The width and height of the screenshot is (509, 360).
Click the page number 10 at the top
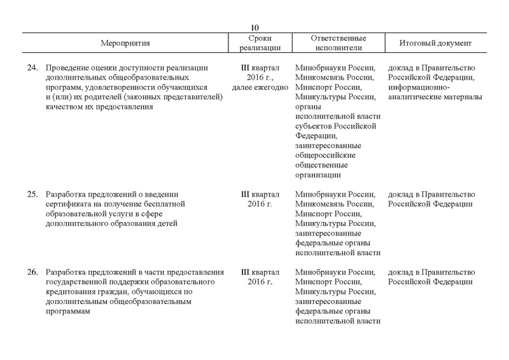pos(254,27)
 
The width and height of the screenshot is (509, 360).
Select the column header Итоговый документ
pos(435,43)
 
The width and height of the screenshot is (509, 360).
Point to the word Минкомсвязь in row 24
pos(321,78)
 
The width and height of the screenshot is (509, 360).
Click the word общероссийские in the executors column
pos(325,155)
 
